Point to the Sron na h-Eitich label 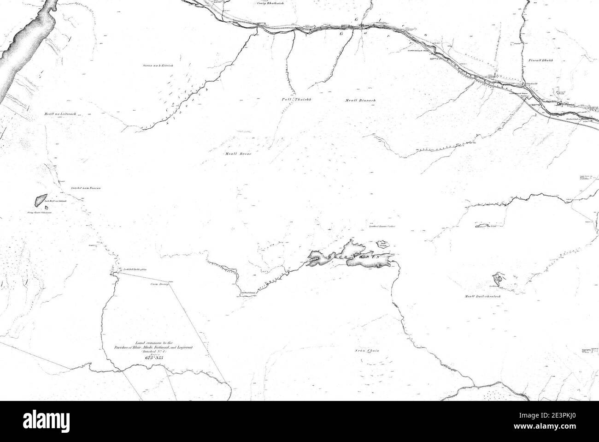158,66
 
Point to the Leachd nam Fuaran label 86,189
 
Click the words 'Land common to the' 153,342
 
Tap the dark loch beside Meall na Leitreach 40,200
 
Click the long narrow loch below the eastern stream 482,226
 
